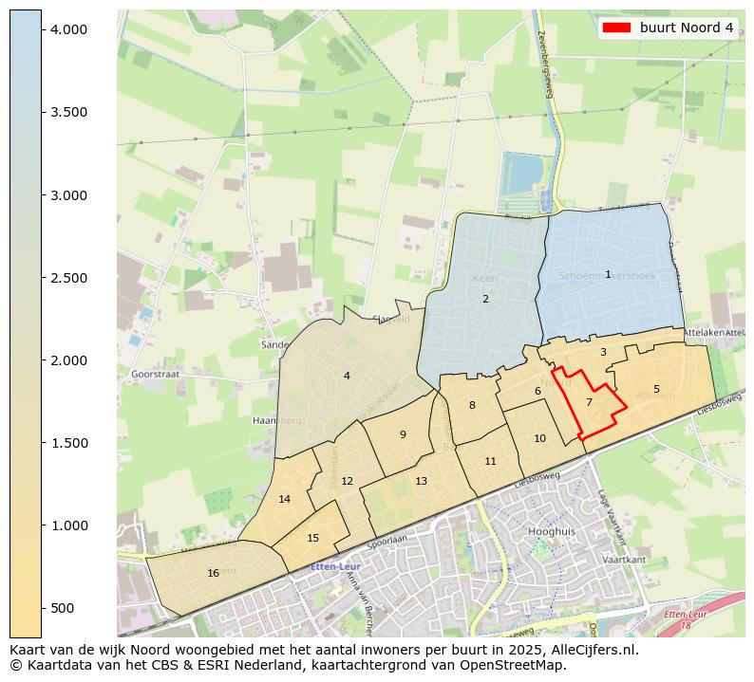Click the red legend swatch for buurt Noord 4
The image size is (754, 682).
pyautogui.click(x=617, y=28)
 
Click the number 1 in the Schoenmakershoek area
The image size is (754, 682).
pyautogui.click(x=608, y=274)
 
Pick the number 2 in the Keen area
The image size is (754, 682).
pyautogui.click(x=485, y=299)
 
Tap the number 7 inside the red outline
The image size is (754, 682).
pyautogui.click(x=589, y=402)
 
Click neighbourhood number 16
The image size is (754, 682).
pyautogui.click(x=213, y=573)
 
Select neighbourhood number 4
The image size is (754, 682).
pyautogui.click(x=347, y=376)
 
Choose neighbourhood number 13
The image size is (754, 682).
pyautogui.click(x=421, y=481)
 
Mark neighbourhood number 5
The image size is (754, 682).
pyautogui.click(x=656, y=389)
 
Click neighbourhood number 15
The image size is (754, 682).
pyautogui.click(x=313, y=538)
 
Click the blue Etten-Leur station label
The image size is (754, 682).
pyautogui.click(x=334, y=567)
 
